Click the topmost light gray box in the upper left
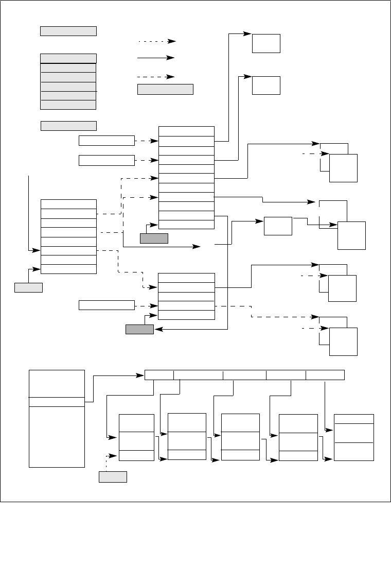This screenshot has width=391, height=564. tap(68, 31)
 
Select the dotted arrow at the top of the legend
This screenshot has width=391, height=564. tap(157, 41)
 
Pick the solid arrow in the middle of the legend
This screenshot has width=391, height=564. tap(157, 59)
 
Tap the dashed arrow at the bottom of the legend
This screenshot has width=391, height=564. tap(157, 77)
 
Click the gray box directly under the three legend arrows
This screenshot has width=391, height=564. tap(165, 90)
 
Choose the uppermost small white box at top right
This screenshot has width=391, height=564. tap(266, 43)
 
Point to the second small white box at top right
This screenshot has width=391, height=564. tap(266, 85)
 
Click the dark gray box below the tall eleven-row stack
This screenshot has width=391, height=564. tap(154, 238)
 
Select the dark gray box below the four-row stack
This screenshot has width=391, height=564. tap(139, 330)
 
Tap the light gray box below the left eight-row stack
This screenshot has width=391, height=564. tap(28, 287)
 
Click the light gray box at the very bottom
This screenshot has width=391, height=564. tap(113, 476)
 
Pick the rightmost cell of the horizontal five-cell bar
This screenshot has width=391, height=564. tap(325, 374)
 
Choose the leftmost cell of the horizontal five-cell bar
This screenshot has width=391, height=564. tap(159, 374)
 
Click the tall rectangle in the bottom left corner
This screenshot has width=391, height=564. tap(57, 418)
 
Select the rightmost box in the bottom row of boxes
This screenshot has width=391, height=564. tap(354, 437)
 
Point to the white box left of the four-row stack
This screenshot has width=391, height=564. tap(106, 305)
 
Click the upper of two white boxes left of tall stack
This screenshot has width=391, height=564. tap(106, 141)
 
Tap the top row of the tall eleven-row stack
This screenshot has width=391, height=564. tap(187, 131)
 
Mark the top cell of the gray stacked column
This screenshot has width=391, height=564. tap(68, 58)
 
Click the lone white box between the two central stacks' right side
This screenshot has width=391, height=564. tap(278, 226)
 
